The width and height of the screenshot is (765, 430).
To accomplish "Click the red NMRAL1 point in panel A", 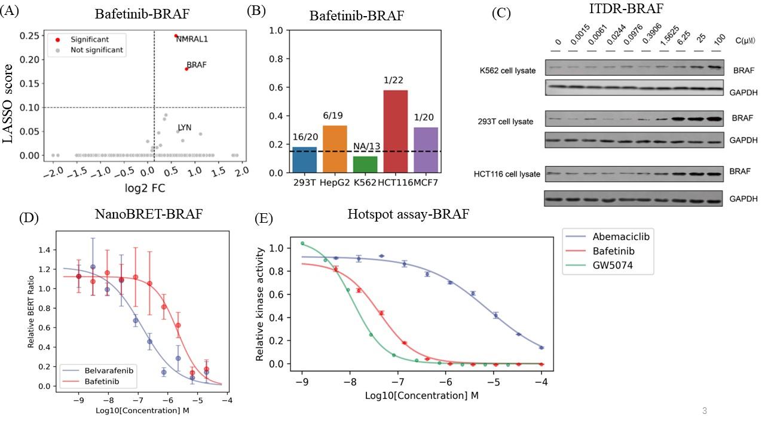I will [176, 36].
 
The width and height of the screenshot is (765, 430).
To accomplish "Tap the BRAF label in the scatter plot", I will [197, 65].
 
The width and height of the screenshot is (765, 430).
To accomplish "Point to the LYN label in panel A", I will [185, 128].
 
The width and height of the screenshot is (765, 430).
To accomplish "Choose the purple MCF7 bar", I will [425, 150].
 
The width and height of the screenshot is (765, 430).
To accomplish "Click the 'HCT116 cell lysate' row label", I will [510, 174].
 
